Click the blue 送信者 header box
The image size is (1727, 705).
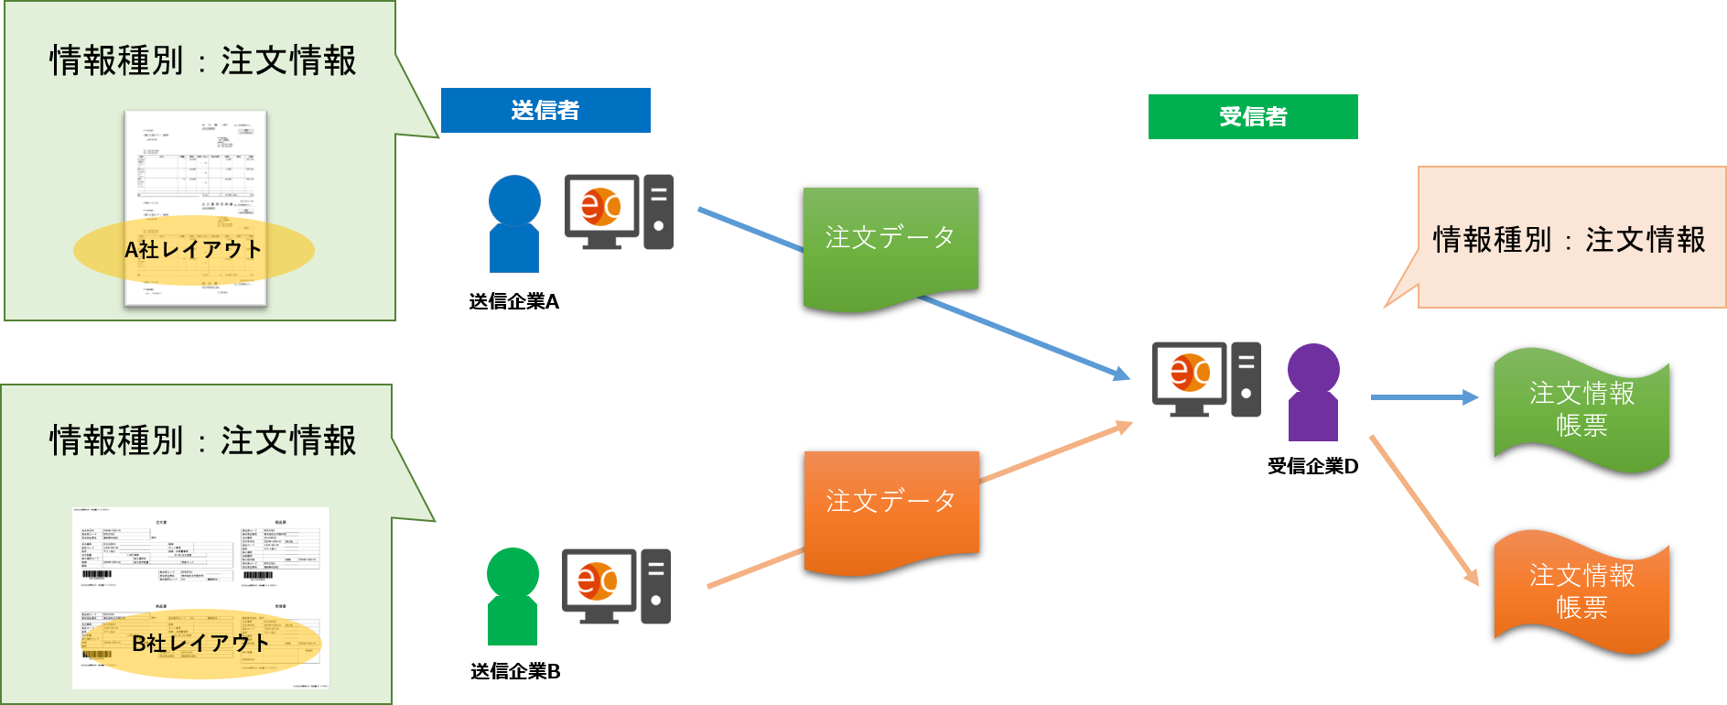tap(545, 111)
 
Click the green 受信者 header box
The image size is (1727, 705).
tap(1252, 117)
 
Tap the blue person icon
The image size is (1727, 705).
tap(514, 224)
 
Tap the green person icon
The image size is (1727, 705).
tap(513, 597)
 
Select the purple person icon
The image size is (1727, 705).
tap(1313, 393)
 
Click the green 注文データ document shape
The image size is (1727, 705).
tap(890, 243)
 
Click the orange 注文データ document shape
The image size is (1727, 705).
tap(890, 506)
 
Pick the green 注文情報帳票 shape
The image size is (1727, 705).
tap(1581, 409)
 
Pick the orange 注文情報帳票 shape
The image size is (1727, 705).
tap(1581, 591)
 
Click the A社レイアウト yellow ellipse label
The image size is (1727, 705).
tap(193, 249)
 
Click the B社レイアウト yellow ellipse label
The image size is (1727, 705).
tap(200, 643)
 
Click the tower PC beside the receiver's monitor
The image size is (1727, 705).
tap(1246, 379)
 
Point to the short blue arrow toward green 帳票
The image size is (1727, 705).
tap(1423, 397)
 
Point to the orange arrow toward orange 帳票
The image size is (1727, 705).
tap(1423, 509)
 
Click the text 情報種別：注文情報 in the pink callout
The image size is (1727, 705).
tap(1569, 240)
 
